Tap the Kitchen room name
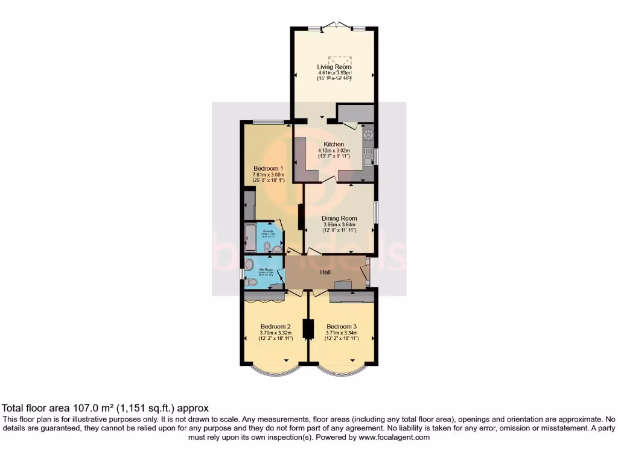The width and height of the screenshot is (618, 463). pos(334,144)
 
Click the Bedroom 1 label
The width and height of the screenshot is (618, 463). pos(266,168)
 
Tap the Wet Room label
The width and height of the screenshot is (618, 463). pos(267,269)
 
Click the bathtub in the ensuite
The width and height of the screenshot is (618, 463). pos(249,239)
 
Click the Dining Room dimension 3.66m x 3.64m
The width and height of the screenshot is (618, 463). pos(340,225)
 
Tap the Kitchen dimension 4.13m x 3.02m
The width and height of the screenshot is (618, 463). pos(334,151)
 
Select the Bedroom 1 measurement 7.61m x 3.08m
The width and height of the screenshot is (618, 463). pos(266,175)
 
